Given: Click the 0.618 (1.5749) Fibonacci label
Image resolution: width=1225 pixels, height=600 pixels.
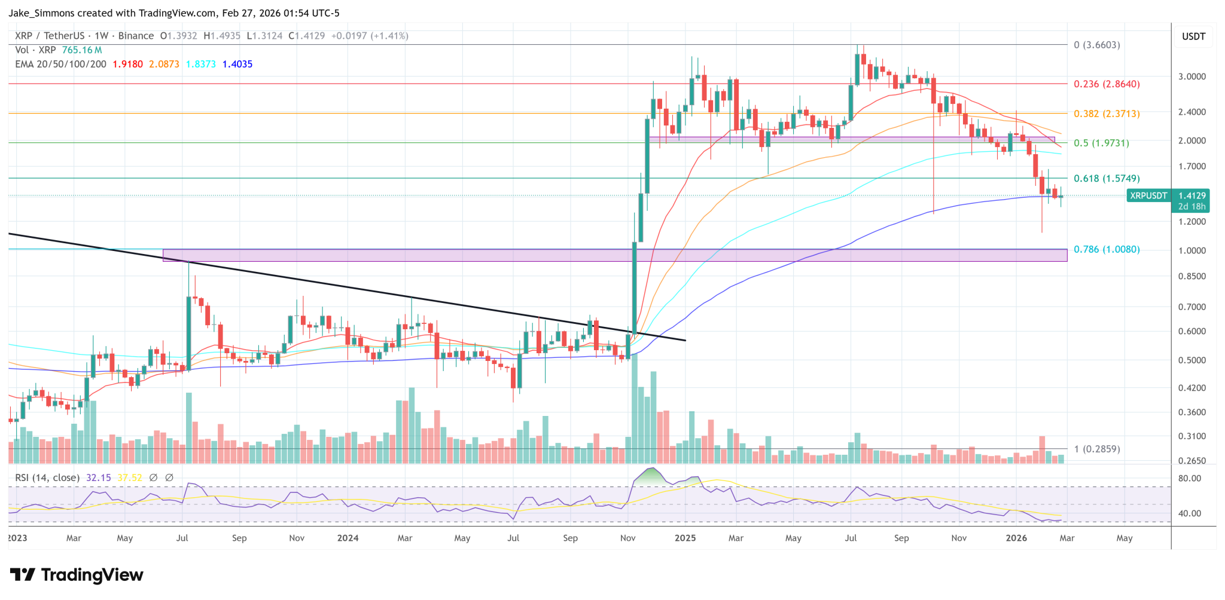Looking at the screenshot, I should (1107, 178).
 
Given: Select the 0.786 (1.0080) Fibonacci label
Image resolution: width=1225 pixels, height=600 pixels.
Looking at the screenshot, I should (1107, 249).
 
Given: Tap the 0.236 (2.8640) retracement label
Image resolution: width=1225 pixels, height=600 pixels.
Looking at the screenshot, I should (1107, 84).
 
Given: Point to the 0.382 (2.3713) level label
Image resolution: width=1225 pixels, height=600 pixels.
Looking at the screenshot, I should (1107, 114).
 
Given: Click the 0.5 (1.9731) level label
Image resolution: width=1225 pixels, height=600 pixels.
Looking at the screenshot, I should (1101, 143).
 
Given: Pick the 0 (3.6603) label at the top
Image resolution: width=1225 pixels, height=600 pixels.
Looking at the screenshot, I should (1096, 45).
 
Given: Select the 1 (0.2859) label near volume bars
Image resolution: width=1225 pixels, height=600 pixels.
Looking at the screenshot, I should (1096, 449).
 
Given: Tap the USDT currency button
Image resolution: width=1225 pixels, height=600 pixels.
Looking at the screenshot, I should (1193, 36).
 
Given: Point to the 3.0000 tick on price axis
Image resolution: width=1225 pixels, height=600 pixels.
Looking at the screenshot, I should (1192, 76).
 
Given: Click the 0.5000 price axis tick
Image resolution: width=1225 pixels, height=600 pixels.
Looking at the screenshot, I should (1192, 360).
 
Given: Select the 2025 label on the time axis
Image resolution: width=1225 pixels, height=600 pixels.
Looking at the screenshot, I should (685, 538).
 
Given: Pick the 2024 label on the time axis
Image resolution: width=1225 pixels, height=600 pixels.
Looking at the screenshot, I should (348, 538).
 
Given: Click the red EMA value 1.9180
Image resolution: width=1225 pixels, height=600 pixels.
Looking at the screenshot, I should (127, 64).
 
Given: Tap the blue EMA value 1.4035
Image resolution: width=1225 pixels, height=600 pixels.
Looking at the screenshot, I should (237, 64).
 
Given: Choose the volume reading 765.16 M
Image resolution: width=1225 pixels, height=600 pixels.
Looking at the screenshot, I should (82, 50).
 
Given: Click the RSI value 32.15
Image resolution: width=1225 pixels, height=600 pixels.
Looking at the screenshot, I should (98, 477).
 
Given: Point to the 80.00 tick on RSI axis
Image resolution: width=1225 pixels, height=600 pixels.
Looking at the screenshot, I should (1189, 478).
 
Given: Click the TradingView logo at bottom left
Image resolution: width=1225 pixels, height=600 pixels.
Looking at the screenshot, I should (77, 575).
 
